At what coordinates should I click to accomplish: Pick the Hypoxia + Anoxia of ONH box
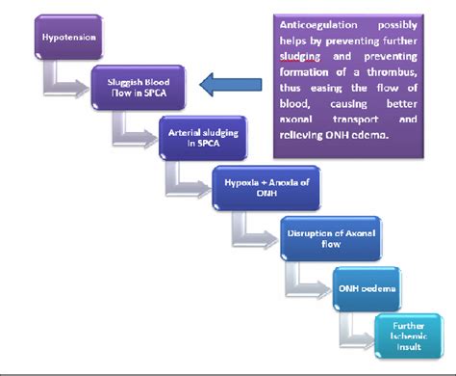tap(259, 182)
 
